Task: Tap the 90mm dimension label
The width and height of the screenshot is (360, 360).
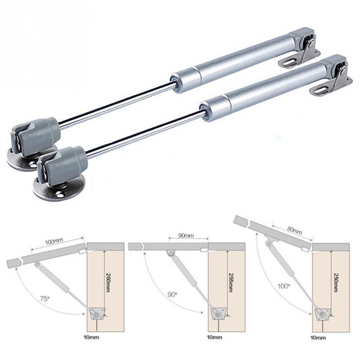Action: click(x=186, y=236)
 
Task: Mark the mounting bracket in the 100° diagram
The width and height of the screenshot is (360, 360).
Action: click(x=322, y=314)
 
